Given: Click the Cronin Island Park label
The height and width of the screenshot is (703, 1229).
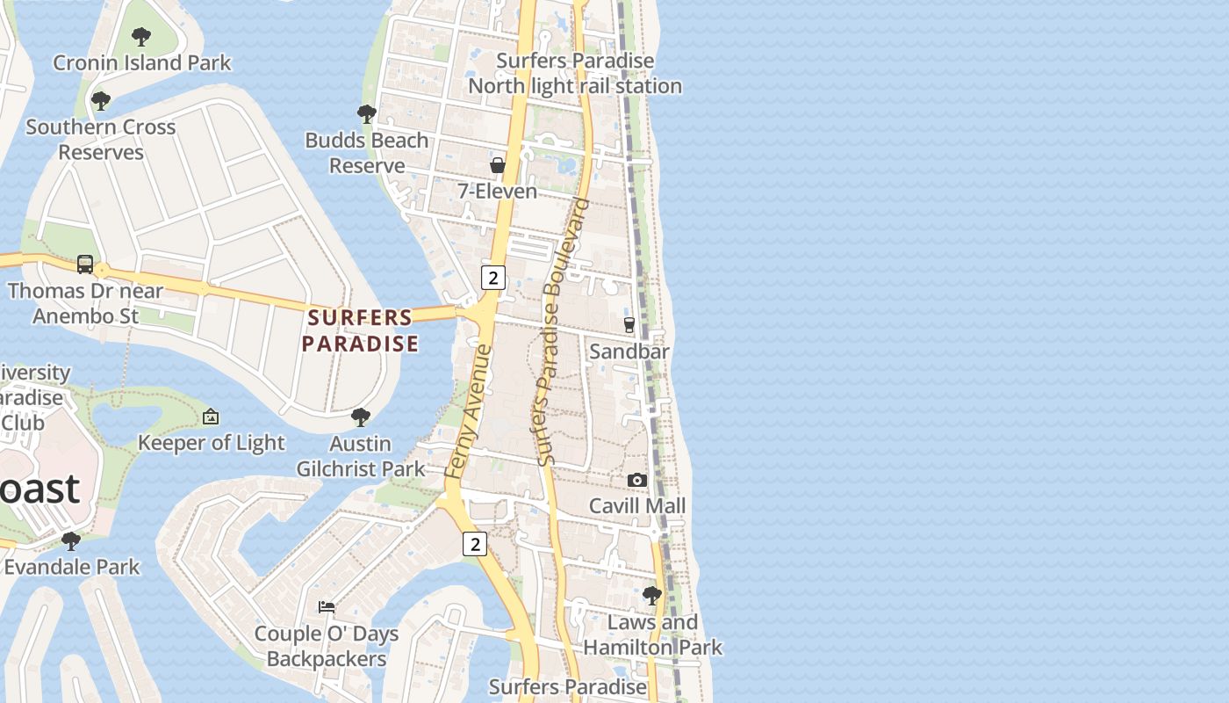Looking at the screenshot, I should [142, 62].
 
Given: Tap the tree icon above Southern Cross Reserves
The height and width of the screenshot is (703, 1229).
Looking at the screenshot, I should [101, 101].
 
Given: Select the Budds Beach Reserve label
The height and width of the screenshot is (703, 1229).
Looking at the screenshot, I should [367, 153].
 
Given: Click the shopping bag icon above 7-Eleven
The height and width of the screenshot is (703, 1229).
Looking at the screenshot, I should [497, 165].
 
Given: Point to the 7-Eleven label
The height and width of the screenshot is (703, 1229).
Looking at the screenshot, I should [497, 191].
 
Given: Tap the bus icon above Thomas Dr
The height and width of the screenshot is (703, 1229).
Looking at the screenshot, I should [85, 264].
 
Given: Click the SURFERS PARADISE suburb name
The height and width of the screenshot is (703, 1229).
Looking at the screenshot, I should [360, 330].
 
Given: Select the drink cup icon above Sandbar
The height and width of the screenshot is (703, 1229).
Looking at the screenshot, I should [629, 325].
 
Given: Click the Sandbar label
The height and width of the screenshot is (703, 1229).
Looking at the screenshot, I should [629, 351].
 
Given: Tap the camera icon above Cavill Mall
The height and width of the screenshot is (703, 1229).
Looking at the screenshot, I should [637, 480].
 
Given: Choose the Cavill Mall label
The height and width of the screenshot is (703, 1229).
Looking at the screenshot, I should [637, 506].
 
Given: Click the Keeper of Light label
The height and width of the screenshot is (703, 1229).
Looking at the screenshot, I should [211, 443].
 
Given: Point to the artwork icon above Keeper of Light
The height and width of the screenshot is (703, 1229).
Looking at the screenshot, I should [211, 417].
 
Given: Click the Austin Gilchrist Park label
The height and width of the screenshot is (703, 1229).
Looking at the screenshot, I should [361, 456].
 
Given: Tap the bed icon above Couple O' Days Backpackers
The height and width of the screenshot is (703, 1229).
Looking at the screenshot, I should [327, 606].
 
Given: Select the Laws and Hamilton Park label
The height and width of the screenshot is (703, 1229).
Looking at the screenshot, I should [652, 634].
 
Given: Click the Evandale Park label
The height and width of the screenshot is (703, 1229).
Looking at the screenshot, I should [72, 567].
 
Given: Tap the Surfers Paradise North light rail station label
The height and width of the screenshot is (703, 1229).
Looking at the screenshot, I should [575, 73].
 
